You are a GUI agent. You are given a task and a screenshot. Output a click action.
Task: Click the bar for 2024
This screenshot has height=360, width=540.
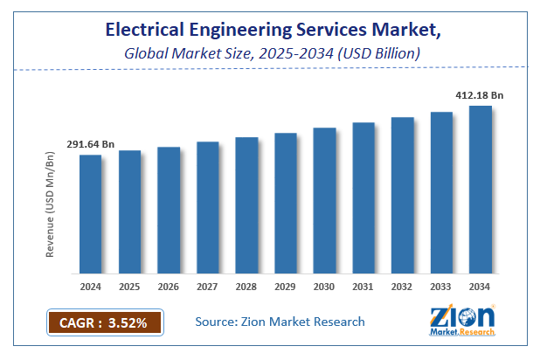tap(90, 213)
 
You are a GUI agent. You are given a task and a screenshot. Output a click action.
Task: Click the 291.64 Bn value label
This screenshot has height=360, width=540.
tap(90, 144)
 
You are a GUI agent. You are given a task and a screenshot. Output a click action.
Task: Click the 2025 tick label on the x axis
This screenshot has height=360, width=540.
tap(129, 286)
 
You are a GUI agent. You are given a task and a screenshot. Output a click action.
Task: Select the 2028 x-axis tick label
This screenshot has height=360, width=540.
tap(246, 286)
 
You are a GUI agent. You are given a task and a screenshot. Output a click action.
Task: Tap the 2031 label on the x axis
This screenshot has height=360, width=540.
tap(363, 286)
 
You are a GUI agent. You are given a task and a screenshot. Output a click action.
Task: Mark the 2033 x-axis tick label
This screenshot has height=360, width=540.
tap(441, 286)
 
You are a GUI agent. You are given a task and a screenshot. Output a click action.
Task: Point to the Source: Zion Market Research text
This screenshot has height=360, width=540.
tap(280, 322)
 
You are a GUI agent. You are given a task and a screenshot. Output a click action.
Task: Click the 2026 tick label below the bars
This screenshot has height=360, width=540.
tap(169, 286)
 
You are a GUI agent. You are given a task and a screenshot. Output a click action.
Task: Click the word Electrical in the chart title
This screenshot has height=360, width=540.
tap(146, 30)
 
